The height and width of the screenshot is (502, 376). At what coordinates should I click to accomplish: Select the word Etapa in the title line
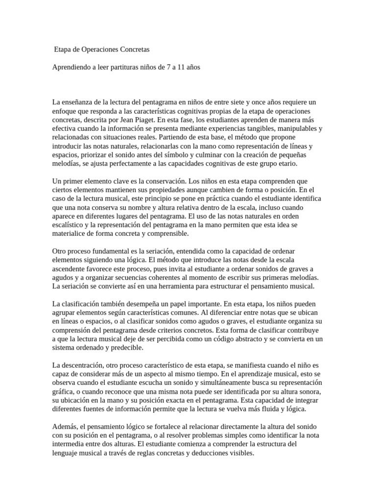click(x=63, y=50)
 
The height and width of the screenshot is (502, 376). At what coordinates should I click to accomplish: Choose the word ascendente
click(x=72, y=269)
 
